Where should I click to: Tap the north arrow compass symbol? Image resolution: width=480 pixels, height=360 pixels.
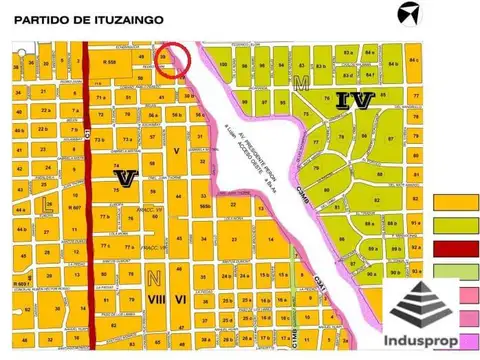coord(408,13)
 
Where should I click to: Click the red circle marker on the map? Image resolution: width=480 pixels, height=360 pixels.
coord(172,59)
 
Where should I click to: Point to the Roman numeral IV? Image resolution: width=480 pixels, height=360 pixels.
coord(355,99)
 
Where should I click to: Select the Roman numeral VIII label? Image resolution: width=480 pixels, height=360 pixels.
coord(155,297)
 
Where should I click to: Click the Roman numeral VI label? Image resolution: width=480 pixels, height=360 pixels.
coord(181,297)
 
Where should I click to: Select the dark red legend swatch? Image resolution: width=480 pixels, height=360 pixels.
coord(456,248)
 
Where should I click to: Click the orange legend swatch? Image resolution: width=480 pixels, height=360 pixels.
coord(456,202)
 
